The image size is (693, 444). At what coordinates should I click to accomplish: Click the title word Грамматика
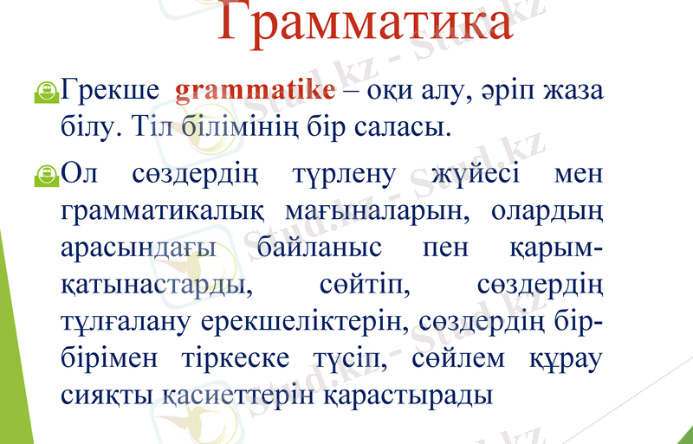(x=363, y=24)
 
